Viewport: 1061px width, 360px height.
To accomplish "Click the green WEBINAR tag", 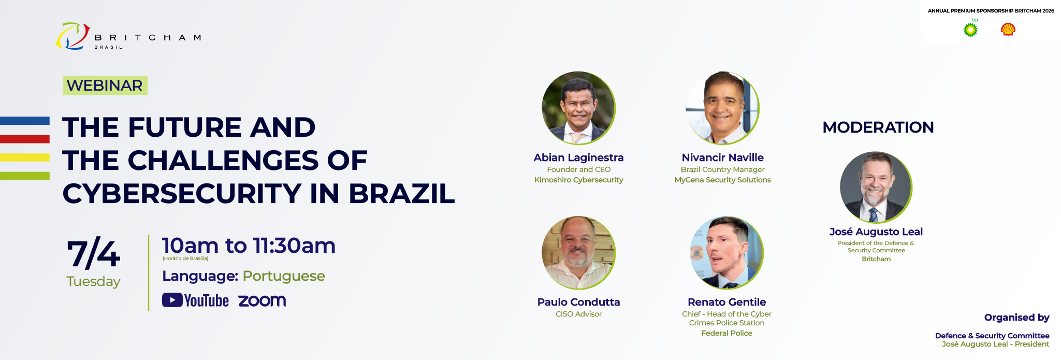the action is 105,85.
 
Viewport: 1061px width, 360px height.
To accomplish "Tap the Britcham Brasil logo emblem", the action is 73,36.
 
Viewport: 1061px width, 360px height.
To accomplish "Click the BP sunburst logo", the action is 970,30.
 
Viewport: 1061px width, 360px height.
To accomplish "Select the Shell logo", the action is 1008,30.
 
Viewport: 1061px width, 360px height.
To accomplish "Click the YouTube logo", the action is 195,300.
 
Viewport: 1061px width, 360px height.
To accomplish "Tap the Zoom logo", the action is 262,300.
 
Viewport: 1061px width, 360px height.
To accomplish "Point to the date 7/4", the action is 93,254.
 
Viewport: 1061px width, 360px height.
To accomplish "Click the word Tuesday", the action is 93,281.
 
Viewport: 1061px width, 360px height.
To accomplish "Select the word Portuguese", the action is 284,276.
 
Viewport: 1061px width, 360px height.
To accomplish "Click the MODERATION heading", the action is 878,127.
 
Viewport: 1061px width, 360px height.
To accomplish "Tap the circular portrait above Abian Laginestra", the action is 579,108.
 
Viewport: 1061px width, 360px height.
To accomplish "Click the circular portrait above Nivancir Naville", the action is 723,108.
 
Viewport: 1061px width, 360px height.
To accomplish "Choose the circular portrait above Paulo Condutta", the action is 579,253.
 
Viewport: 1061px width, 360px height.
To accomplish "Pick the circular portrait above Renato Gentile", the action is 727,253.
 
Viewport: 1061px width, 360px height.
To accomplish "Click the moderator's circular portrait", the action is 876,188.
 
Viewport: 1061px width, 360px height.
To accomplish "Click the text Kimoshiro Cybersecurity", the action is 579,180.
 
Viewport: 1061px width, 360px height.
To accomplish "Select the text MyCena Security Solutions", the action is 723,180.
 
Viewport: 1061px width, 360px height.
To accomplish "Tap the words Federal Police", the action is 727,333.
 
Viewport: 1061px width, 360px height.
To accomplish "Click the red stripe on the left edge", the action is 25,139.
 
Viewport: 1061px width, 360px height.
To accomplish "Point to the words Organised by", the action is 1017,318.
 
